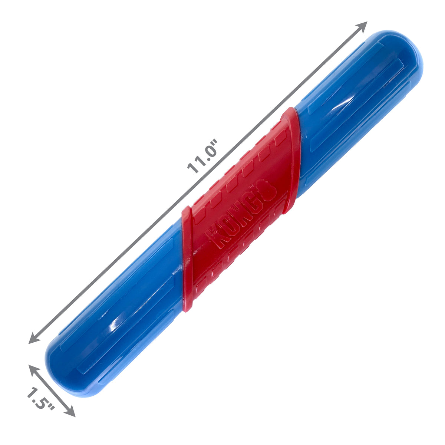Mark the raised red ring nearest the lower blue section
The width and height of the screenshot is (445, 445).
click(x=187, y=260)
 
